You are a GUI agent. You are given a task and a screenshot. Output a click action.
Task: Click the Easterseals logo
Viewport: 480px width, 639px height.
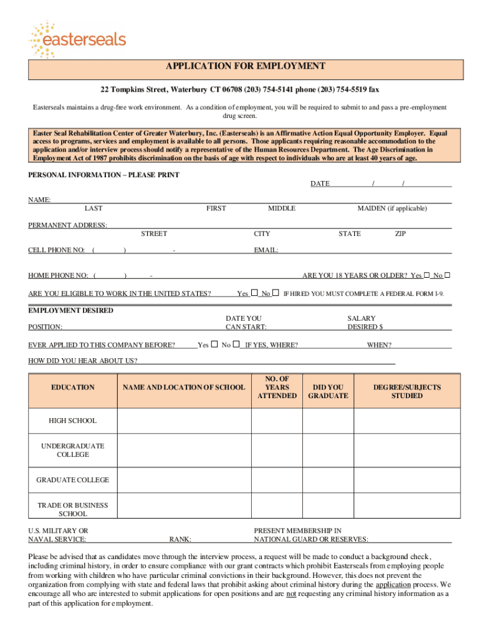tap(77, 39)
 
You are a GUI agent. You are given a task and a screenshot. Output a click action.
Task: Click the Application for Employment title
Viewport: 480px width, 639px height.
tap(245, 66)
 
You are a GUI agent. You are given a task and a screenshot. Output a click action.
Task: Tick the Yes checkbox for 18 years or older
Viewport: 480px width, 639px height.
tap(427, 275)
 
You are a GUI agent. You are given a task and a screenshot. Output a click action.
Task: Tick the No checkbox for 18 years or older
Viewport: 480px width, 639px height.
tap(447, 275)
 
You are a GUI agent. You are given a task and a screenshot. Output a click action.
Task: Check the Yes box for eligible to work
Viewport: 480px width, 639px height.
tap(254, 293)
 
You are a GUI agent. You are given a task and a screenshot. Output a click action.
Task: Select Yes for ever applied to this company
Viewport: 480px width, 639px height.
tap(214, 344)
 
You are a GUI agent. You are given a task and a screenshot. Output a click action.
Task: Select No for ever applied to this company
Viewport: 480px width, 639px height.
tap(236, 344)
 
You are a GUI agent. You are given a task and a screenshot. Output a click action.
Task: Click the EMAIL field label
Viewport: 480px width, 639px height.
tap(266, 250)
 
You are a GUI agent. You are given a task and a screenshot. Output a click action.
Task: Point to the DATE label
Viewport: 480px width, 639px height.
tap(320, 183)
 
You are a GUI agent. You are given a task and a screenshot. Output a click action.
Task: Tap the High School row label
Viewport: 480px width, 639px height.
tap(73, 421)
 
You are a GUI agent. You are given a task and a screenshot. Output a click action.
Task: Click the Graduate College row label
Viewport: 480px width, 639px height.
tap(73, 480)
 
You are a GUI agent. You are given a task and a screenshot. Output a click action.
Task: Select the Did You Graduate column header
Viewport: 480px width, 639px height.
tap(328, 392)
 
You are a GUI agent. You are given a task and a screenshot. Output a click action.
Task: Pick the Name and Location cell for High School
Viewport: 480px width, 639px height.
tap(184, 421)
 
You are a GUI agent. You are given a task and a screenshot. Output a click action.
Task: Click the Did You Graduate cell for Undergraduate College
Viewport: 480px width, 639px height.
tap(328, 451)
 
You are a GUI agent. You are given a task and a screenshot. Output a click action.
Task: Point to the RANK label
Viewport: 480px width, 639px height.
tap(180, 539)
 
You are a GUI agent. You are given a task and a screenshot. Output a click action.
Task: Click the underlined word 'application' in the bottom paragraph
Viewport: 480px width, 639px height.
tap(393, 585)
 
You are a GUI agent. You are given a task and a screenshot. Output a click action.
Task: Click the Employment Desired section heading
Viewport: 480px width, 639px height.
tap(71, 310)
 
